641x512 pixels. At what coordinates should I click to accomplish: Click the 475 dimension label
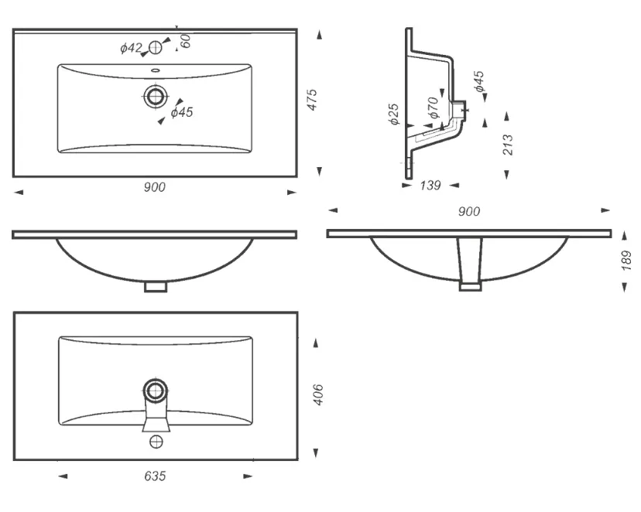[312, 100]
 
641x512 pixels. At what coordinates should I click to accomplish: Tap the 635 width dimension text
[155, 476]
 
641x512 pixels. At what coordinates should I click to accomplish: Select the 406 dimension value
[318, 394]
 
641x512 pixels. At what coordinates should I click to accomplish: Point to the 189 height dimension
[626, 261]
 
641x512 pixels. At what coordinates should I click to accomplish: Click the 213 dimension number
[507, 145]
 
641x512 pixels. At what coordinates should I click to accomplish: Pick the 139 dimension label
[430, 186]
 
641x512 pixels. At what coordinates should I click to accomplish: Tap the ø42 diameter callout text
[131, 48]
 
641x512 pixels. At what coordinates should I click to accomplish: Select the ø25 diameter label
[394, 114]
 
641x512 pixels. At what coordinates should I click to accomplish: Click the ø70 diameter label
[434, 108]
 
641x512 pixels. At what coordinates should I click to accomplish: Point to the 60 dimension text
[185, 41]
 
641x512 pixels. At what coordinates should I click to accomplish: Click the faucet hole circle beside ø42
[156, 48]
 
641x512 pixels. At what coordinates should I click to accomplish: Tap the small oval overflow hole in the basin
[156, 70]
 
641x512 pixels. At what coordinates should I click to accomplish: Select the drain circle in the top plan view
[156, 97]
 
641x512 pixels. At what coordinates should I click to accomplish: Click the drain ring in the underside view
[156, 391]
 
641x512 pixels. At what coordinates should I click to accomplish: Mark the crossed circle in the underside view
[156, 442]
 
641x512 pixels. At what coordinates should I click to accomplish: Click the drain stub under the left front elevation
[156, 287]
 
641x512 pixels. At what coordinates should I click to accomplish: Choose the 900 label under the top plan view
[155, 187]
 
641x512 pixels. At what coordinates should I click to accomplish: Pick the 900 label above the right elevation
[469, 211]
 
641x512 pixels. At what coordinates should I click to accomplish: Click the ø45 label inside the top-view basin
[182, 112]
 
